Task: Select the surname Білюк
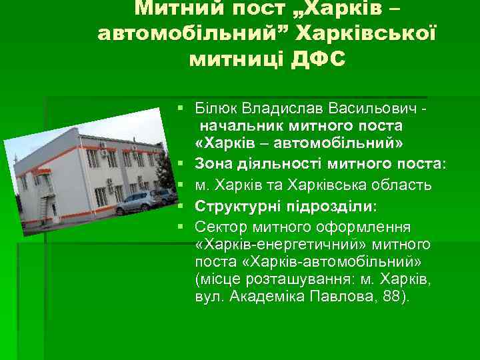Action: coord(213,107)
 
